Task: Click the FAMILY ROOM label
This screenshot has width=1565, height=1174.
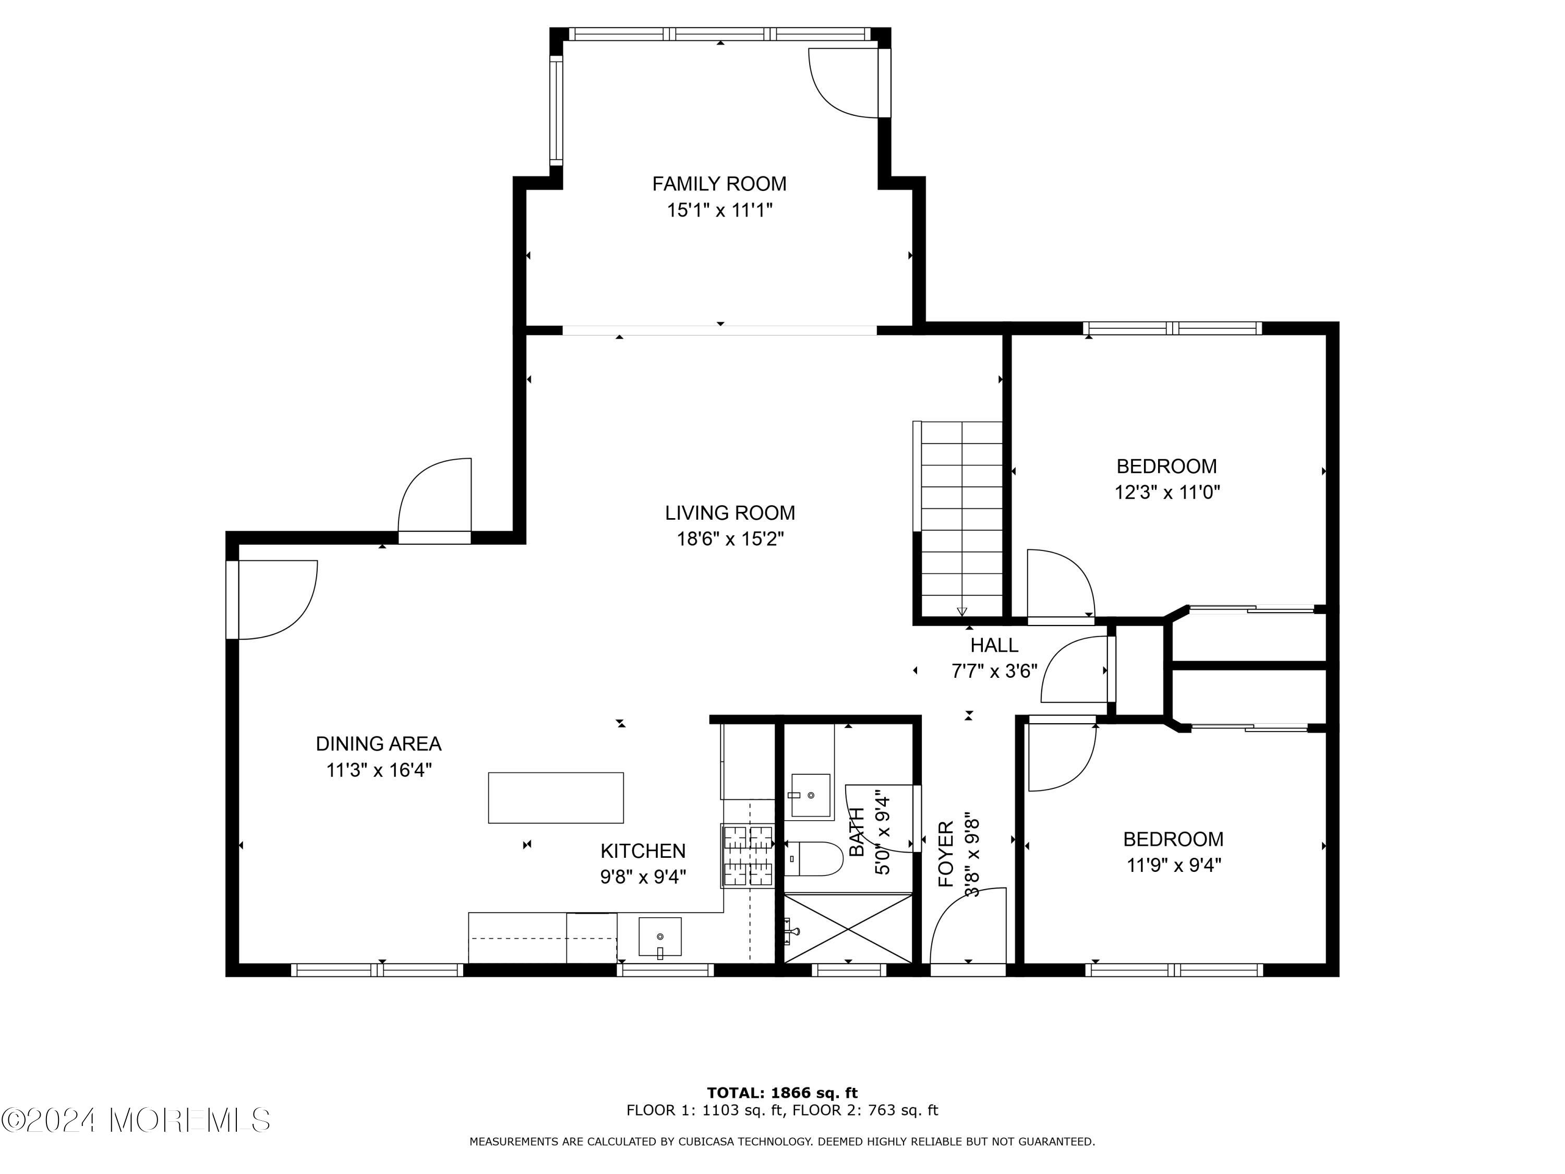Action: click(x=719, y=184)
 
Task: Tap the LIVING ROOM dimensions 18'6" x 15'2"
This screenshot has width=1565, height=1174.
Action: click(x=730, y=539)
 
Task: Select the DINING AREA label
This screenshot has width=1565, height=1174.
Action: click(x=379, y=744)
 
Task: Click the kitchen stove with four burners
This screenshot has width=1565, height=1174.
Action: click(x=748, y=856)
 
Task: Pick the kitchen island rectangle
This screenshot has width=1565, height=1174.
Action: click(x=556, y=797)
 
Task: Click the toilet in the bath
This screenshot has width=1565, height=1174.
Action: click(x=814, y=858)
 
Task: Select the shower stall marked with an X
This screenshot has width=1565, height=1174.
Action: click(x=848, y=928)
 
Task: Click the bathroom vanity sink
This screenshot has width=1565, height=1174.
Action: click(x=810, y=795)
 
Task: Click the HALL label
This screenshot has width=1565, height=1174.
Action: click(x=994, y=645)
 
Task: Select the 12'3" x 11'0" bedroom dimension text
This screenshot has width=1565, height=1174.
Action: click(x=1167, y=492)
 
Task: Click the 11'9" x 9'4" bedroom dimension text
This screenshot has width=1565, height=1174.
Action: click(x=1174, y=865)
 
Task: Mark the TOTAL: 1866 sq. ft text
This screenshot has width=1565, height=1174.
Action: click(x=782, y=1093)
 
